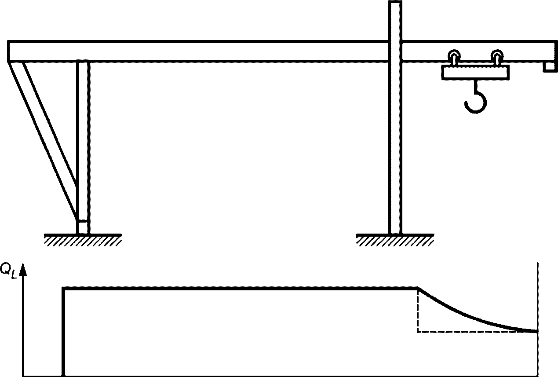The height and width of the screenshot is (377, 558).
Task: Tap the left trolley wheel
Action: pyautogui.click(x=454, y=55)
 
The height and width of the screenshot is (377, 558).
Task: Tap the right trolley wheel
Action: pyautogui.click(x=497, y=55)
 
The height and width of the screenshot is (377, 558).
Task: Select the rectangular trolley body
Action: pyautogui.click(x=475, y=72)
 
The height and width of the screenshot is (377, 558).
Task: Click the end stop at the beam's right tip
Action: pyautogui.click(x=549, y=67)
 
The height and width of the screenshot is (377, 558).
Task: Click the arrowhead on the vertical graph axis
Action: pyautogui.click(x=23, y=270)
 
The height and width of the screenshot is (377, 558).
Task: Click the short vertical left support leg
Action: pyautogui.click(x=83, y=147)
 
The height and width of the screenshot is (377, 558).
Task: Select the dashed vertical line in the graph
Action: pyautogui.click(x=418, y=310)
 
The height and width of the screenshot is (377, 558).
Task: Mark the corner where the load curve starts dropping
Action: pyautogui.click(x=418, y=288)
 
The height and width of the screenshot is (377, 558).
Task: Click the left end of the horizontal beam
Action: pyautogui.click(x=8, y=51)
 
